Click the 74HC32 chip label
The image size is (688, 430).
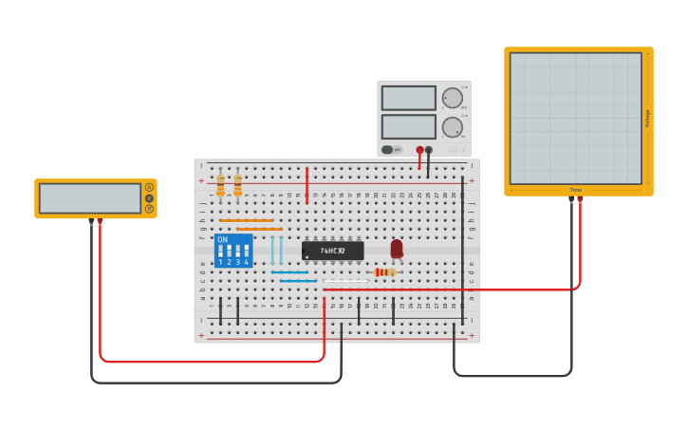tap(332, 251)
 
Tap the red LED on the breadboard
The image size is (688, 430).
tap(397, 248)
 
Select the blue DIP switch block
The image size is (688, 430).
tap(233, 251)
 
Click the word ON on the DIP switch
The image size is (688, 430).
tap(223, 240)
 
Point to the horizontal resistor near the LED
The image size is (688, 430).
tap(384, 272)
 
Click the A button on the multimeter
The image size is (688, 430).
tap(149, 187)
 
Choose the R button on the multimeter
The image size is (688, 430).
tap(149, 208)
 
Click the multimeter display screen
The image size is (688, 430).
tap(90, 198)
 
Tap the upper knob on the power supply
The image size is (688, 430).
tap(453, 98)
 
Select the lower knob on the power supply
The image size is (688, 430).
tap(453, 126)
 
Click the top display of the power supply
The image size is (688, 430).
tap(409, 98)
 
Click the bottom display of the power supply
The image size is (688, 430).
tap(409, 126)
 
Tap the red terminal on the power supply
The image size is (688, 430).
tap(419, 150)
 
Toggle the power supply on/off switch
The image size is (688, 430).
tap(389, 150)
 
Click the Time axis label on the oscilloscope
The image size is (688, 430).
tap(575, 190)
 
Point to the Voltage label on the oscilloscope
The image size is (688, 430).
tap(648, 118)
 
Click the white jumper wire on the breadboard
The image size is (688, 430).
tap(345, 281)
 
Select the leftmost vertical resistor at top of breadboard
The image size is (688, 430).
tap(220, 185)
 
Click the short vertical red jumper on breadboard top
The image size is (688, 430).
tap(307, 185)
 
